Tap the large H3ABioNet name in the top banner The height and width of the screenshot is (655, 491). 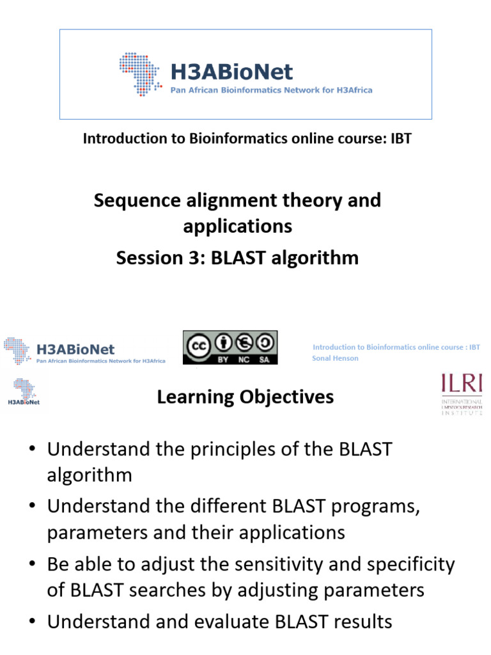231,71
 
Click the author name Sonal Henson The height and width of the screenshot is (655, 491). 335,358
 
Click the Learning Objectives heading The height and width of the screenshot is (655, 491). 245,397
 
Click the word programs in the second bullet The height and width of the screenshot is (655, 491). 380,507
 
